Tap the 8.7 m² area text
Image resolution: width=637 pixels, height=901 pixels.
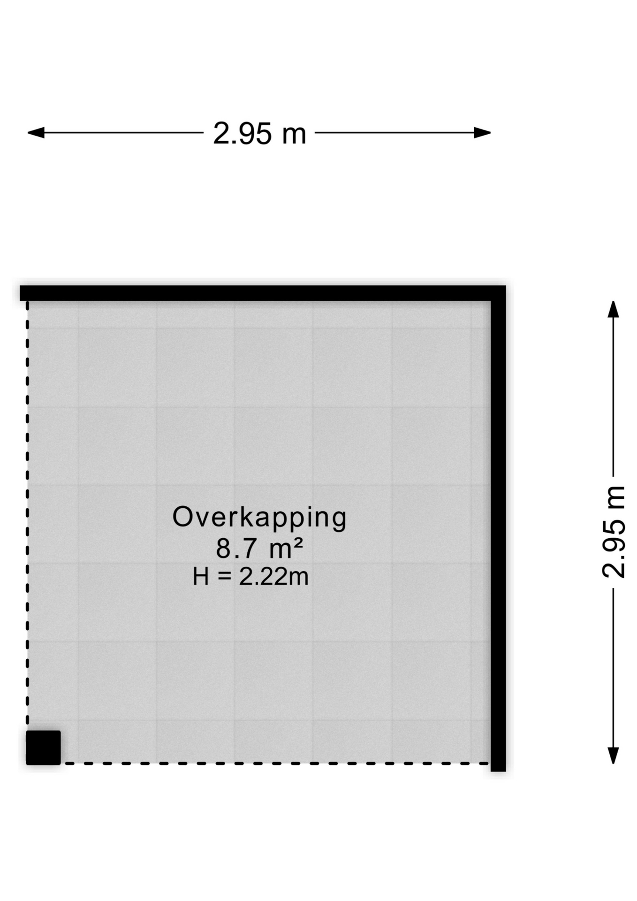pyautogui.click(x=259, y=548)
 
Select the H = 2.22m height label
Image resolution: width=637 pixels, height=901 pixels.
pyautogui.click(x=250, y=577)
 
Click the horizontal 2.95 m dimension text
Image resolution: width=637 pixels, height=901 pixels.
pyautogui.click(x=259, y=134)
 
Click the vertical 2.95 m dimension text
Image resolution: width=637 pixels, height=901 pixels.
pyautogui.click(x=614, y=532)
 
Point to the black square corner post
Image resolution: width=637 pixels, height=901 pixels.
pyautogui.click(x=43, y=748)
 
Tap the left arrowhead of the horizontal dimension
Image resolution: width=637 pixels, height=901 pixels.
pyautogui.click(x=36, y=133)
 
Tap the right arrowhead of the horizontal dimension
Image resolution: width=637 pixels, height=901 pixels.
pyautogui.click(x=482, y=133)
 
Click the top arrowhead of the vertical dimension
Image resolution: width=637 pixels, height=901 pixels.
pyautogui.click(x=613, y=309)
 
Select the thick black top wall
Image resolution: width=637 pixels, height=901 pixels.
pyautogui.click(x=263, y=293)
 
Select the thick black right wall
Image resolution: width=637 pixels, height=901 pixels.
pyautogui.click(x=498, y=528)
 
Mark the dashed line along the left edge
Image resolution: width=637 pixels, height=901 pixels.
pyautogui.click(x=27, y=515)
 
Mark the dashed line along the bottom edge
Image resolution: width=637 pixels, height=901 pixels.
pyautogui.click(x=276, y=764)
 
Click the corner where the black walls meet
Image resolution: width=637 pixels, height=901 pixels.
pyautogui.click(x=498, y=293)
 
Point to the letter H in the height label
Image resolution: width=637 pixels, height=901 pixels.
pyautogui.click(x=201, y=577)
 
